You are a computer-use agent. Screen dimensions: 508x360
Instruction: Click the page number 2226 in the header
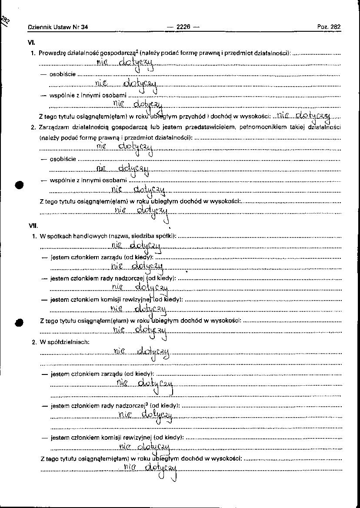(x=183, y=27)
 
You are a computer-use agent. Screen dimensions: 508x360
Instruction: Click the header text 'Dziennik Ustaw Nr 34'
(x=58, y=27)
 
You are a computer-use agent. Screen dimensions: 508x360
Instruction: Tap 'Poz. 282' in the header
(x=329, y=27)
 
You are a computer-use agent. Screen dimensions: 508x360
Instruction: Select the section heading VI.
(x=32, y=43)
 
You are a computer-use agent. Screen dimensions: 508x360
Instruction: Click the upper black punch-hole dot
(x=19, y=184)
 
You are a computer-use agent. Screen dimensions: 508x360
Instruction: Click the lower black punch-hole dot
(x=19, y=322)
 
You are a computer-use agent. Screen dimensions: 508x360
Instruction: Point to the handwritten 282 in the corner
(x=6, y=20)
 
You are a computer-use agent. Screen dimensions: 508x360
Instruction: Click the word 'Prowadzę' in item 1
(x=51, y=53)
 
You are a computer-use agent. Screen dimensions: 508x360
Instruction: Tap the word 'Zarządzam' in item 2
(x=52, y=127)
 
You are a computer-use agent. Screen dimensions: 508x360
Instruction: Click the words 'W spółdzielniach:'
(x=64, y=342)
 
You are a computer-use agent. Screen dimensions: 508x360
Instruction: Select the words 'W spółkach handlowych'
(x=73, y=236)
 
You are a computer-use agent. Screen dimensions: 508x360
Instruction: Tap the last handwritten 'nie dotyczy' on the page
(x=150, y=468)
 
